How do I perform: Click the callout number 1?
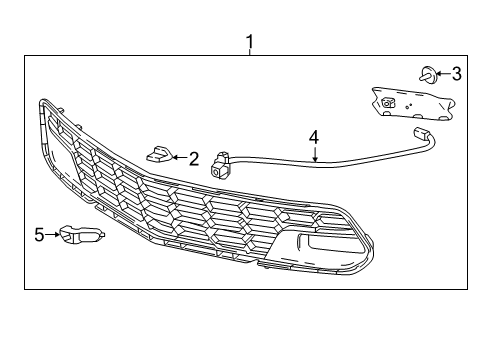pos(250,41)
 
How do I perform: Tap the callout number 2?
pos(193,157)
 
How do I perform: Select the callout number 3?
pos(456,72)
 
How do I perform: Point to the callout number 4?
pos(313,135)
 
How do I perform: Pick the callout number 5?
pos(39,235)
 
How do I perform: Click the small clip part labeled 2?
pos(159,153)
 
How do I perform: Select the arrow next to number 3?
pos(441,72)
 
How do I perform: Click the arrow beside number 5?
pos(53,235)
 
